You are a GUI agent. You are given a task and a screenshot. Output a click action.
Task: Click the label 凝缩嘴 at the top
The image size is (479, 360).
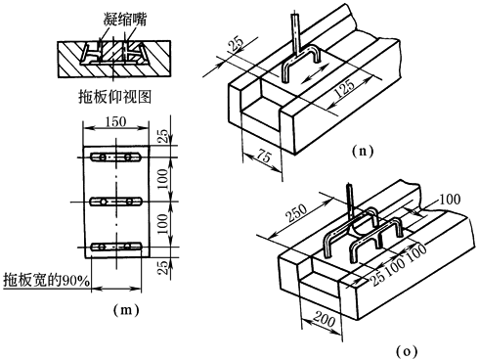125,20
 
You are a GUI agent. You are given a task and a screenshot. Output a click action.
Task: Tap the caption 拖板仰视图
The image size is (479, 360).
115,97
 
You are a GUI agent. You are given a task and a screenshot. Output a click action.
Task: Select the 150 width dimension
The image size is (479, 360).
115,121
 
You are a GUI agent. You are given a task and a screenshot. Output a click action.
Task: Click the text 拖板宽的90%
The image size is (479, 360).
46,280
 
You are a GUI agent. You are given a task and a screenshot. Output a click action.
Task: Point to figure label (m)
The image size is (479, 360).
126,309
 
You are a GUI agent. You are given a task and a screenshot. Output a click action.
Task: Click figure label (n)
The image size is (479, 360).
363,151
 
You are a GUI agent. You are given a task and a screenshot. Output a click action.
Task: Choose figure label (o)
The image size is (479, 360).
407,351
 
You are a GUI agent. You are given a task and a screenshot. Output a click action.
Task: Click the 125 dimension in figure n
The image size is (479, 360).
344,88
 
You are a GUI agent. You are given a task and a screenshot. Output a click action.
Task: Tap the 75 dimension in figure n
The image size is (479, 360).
263,156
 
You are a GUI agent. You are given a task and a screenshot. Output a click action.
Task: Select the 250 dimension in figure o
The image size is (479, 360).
296,212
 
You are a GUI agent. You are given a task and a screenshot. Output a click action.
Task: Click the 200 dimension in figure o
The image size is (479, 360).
324,318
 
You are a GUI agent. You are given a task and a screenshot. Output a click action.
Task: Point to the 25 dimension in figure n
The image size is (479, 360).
237,44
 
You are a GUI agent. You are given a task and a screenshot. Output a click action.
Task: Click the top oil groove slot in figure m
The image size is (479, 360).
115,157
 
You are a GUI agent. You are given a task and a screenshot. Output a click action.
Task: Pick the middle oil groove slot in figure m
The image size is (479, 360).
115,202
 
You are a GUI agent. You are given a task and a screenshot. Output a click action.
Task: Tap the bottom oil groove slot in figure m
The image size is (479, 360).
115,247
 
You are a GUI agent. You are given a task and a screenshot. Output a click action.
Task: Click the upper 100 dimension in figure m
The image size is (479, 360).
164,179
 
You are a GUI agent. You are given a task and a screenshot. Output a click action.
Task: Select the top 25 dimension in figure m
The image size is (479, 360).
164,136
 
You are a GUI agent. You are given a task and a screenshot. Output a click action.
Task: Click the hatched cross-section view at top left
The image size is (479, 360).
114,59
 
